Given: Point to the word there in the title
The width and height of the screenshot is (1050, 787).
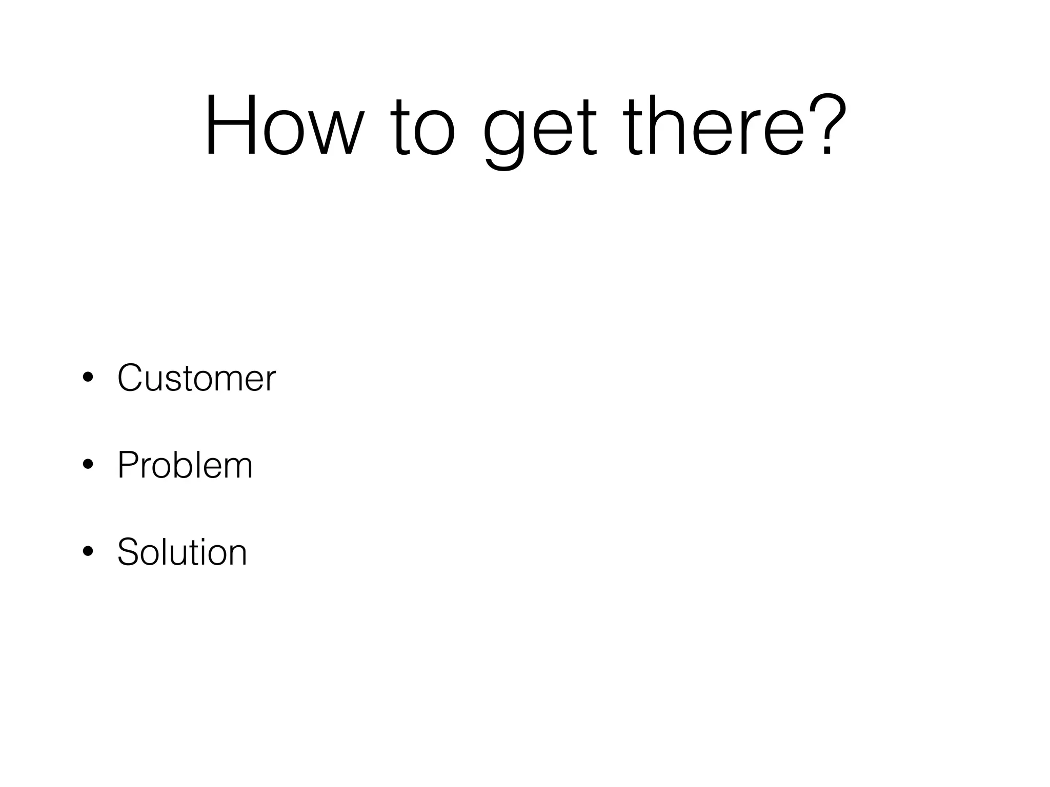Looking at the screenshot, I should click(715, 126).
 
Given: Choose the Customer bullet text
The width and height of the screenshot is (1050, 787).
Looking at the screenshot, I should click(196, 378).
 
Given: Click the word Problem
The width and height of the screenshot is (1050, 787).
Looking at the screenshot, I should click(185, 465).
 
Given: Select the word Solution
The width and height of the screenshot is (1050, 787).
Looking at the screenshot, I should click(182, 552).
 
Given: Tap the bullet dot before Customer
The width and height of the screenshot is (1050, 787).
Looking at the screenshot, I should click(88, 378).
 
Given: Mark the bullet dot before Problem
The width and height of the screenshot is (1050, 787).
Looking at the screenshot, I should click(88, 465).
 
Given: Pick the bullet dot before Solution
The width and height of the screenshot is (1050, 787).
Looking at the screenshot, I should click(88, 552).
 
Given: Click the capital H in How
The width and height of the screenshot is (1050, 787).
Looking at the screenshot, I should click(231, 126).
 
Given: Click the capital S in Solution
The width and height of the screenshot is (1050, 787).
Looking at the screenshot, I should click(128, 552).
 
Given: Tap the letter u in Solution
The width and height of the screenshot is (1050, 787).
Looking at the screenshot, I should click(183, 556).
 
